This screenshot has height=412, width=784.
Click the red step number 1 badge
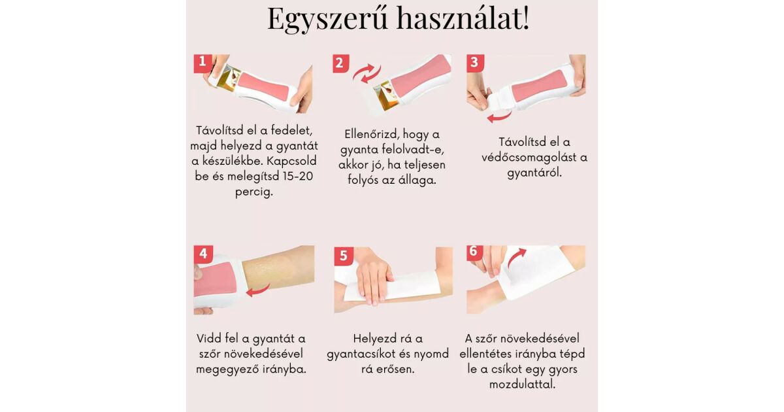[203, 63]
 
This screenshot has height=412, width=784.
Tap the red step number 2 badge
[340, 63]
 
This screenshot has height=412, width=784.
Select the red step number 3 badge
[476, 63]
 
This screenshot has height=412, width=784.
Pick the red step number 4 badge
[203, 254]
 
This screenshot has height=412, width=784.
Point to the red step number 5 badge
[344, 256]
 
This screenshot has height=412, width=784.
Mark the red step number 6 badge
[474, 252]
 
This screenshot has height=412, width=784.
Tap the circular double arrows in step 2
[367, 73]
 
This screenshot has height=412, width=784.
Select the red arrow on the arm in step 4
[258, 290]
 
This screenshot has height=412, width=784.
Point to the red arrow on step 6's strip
[516, 258]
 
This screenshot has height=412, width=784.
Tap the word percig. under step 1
[253, 192]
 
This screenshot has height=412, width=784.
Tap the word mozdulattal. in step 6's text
[522, 385]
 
